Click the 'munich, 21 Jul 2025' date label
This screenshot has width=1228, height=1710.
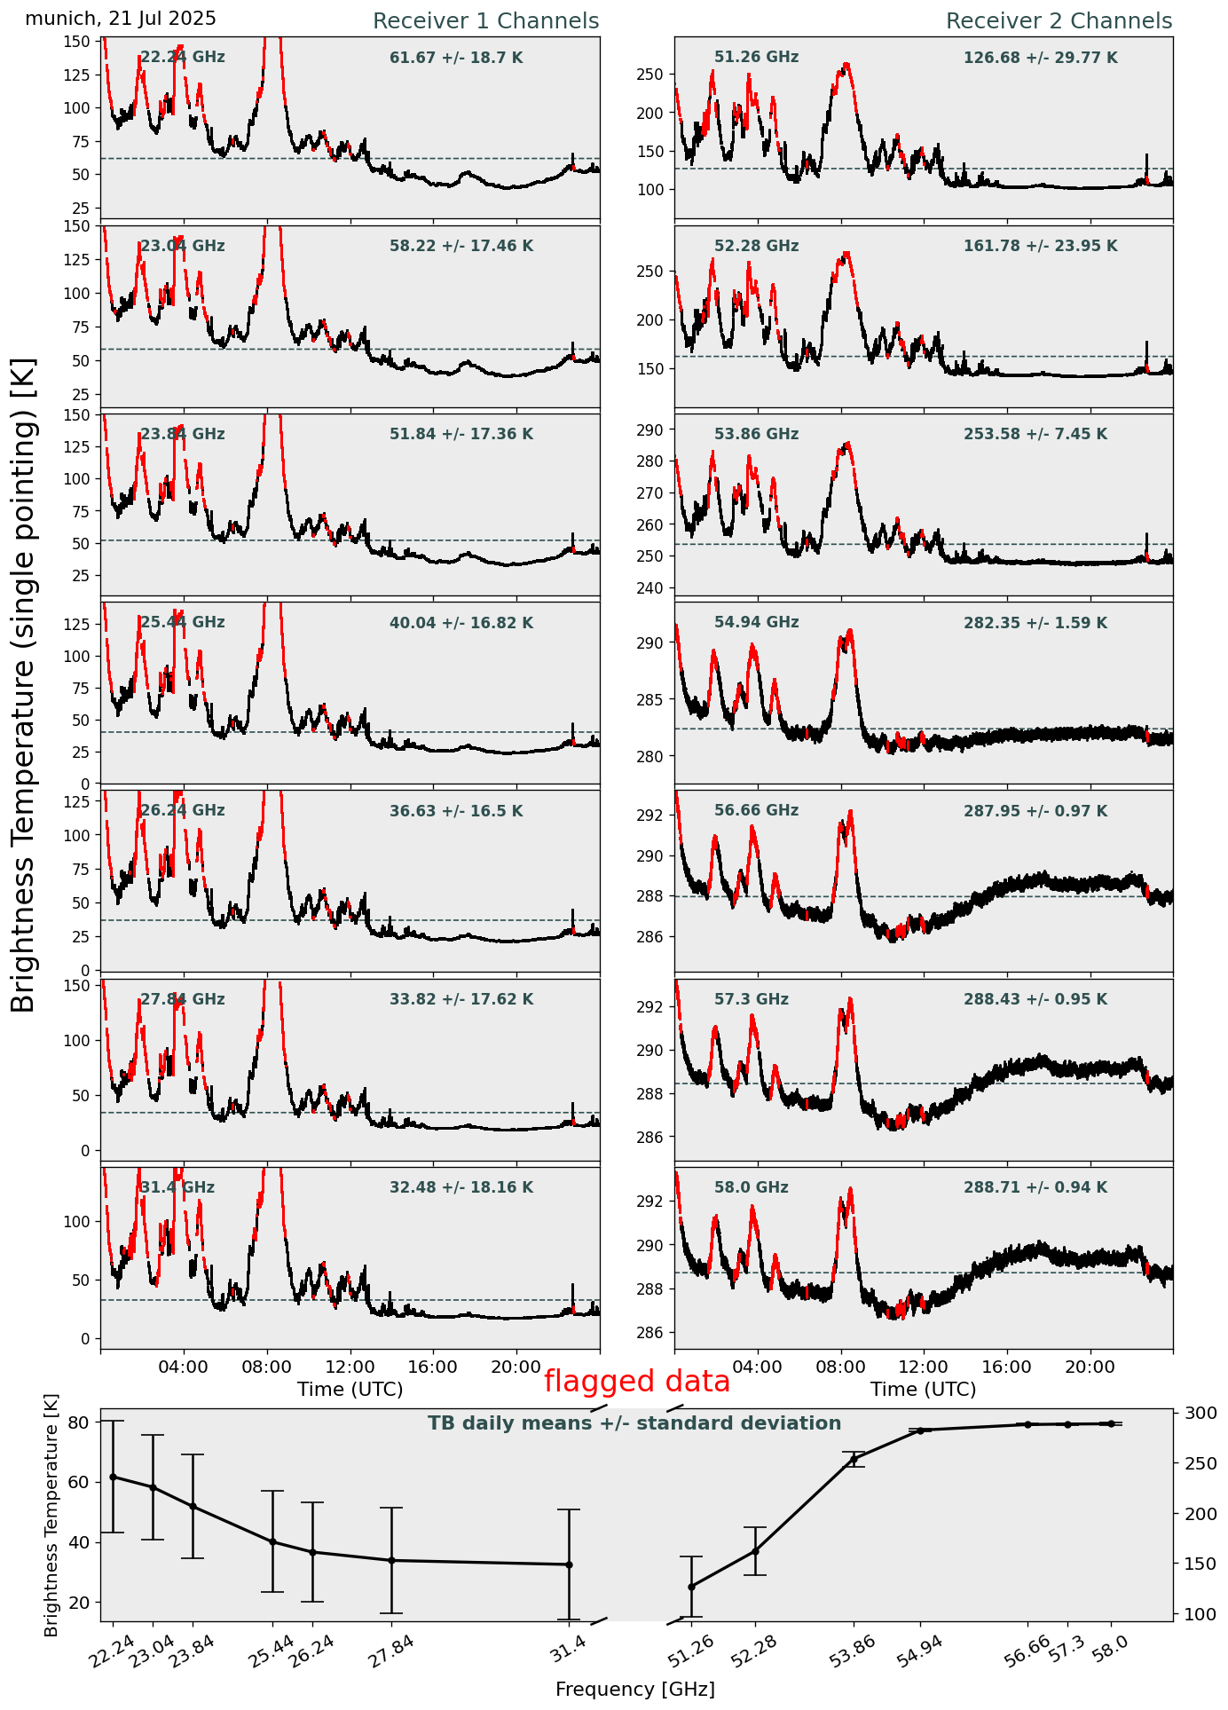tap(121, 19)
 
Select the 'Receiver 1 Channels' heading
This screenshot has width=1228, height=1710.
tap(485, 21)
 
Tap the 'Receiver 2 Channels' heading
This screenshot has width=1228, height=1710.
tap(1059, 21)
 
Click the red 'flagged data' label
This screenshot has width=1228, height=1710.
tap(637, 1382)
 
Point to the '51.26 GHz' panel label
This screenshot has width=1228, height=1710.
tap(756, 58)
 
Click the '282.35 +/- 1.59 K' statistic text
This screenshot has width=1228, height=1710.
tap(1035, 623)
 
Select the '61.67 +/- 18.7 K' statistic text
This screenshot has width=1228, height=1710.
tap(456, 59)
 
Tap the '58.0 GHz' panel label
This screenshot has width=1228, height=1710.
tap(751, 1187)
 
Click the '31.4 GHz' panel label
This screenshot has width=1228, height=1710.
tap(177, 1187)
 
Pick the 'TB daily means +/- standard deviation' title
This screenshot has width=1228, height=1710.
tap(634, 1424)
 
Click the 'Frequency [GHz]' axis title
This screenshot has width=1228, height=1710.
tap(634, 1690)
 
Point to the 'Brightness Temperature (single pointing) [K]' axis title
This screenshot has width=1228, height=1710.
tap(24, 685)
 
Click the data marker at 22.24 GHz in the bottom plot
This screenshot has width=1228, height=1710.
tap(113, 1477)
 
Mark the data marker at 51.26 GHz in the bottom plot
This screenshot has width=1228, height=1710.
tap(691, 1587)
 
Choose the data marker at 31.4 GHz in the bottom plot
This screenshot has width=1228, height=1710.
tap(569, 1564)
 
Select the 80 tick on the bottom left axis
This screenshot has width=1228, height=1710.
tap(78, 1422)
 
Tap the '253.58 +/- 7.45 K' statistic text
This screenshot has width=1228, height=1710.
tap(1035, 435)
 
